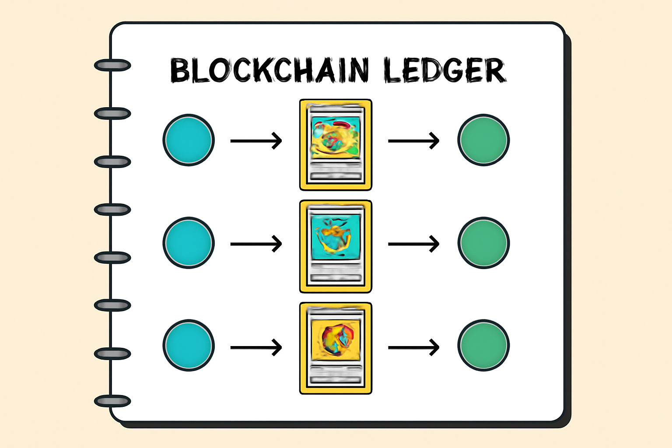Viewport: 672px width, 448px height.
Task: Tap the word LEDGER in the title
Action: click(x=444, y=71)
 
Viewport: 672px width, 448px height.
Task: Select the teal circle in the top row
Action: click(x=189, y=140)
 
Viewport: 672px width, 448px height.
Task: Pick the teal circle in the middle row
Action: click(x=189, y=243)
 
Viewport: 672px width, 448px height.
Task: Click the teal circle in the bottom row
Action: click(x=189, y=346)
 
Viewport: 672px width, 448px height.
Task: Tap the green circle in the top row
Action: click(x=483, y=140)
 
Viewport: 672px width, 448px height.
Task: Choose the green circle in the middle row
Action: click(x=483, y=243)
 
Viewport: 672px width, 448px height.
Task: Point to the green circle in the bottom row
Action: click(x=483, y=346)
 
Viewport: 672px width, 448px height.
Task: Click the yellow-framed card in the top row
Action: click(x=336, y=145)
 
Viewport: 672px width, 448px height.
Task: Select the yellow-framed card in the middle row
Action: click(x=336, y=246)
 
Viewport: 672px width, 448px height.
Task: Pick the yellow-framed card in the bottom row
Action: click(x=336, y=348)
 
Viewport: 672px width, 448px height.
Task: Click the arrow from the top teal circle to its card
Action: click(x=256, y=141)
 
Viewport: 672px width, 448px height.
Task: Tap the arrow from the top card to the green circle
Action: click(x=413, y=141)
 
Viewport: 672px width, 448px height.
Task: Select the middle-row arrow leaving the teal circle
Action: click(x=256, y=244)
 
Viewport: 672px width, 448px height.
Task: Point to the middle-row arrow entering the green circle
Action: click(x=413, y=244)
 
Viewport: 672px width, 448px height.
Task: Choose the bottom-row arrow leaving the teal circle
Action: click(x=256, y=348)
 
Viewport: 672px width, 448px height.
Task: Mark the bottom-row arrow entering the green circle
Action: click(x=413, y=348)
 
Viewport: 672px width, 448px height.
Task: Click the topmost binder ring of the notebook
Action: click(x=112, y=66)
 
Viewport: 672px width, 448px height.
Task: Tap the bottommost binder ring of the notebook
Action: click(x=112, y=401)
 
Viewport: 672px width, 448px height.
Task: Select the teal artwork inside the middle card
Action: click(x=336, y=236)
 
